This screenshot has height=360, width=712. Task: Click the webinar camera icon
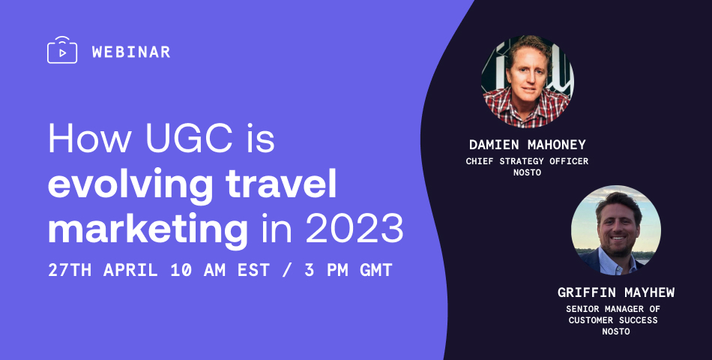62,50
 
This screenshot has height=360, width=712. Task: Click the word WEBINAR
131,52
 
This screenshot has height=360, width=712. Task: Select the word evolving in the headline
130,184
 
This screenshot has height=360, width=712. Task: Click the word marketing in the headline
148,229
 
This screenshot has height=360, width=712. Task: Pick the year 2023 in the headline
355,228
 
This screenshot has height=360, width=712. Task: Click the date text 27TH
70,271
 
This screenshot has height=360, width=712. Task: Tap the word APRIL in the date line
130,271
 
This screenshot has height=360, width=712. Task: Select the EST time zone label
254,271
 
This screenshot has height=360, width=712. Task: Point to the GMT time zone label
376,271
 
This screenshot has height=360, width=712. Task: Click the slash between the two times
287,271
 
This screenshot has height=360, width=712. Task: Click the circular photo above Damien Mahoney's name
528,81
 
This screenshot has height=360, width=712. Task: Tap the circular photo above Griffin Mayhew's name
616,230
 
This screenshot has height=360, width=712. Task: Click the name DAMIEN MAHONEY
528,145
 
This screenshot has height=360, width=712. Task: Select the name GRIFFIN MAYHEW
616,292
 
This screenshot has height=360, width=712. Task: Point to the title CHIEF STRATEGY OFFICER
527,161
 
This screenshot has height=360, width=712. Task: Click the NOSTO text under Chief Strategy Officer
527,172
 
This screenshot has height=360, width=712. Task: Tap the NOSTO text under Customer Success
616,331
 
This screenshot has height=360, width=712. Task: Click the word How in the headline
89,138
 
